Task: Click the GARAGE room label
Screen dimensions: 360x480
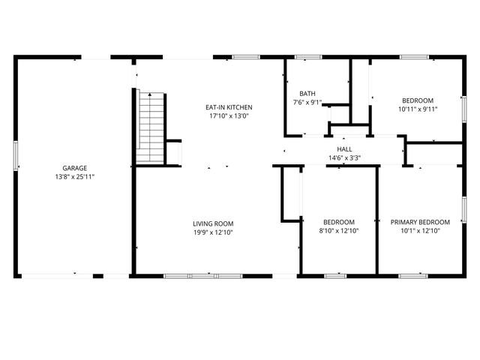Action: (x=74, y=168)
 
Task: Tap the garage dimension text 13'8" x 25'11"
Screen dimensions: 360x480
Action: (x=74, y=176)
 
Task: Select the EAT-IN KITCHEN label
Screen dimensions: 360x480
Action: (x=229, y=107)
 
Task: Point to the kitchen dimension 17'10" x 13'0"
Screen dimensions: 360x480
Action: (x=229, y=116)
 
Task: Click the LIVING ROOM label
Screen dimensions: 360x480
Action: (x=213, y=223)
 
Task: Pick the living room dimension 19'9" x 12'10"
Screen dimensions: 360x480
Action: (x=213, y=232)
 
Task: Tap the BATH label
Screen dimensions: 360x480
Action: (x=307, y=94)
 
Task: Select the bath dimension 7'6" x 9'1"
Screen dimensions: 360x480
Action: (x=307, y=102)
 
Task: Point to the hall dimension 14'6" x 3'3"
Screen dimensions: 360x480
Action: (x=344, y=157)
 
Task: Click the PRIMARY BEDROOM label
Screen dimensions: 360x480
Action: (x=420, y=222)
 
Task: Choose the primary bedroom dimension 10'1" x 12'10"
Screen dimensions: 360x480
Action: (x=420, y=231)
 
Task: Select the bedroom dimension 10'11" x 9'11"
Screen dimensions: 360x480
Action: (x=417, y=109)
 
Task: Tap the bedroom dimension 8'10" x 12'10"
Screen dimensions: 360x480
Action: (x=339, y=231)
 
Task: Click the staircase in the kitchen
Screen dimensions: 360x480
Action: (x=151, y=125)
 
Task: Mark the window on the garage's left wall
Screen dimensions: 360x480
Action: (x=16, y=155)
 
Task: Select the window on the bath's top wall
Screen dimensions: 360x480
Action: (x=307, y=57)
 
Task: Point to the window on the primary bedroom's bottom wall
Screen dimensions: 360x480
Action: (x=412, y=276)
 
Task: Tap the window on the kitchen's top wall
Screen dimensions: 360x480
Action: (x=243, y=57)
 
